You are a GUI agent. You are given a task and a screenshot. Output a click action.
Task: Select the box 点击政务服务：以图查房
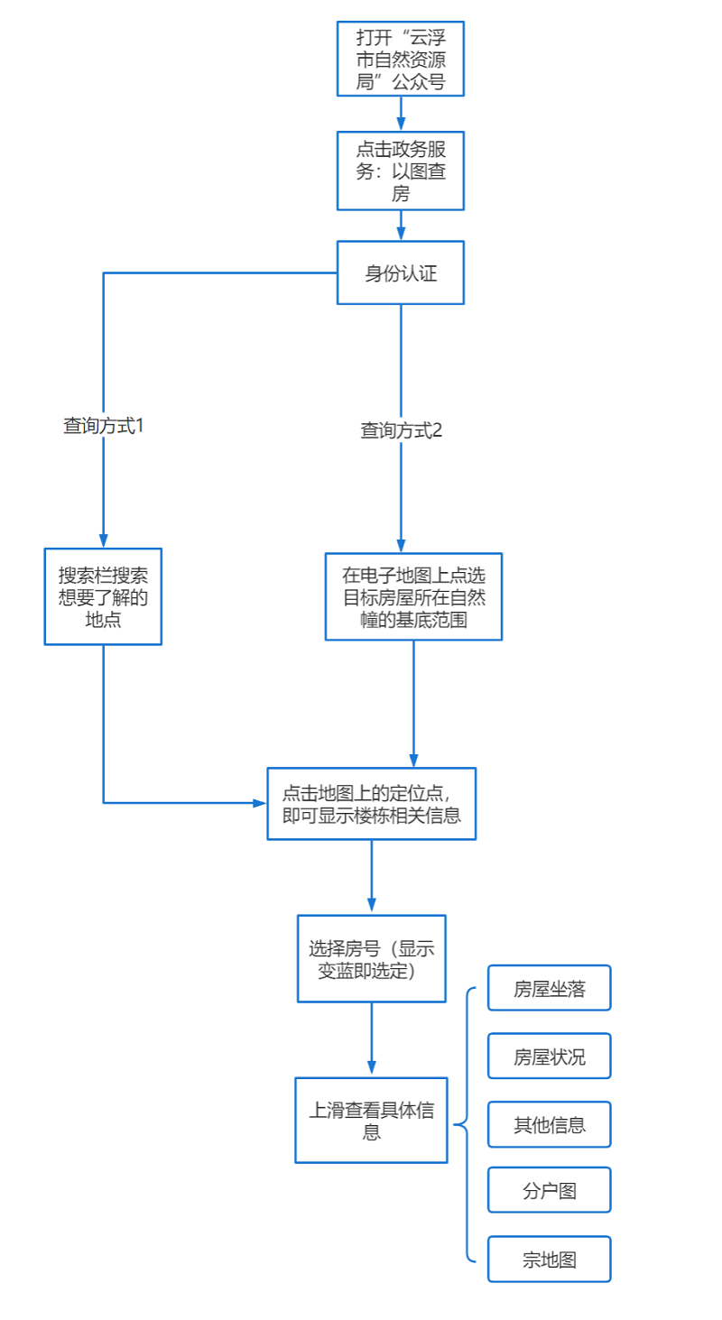click(401, 171)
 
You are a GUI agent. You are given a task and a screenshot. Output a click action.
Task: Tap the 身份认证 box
click(401, 272)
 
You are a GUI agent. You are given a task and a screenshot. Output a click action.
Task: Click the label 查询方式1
click(103, 426)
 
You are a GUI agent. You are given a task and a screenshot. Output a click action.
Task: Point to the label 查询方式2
click(401, 430)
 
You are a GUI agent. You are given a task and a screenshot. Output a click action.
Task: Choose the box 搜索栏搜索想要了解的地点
click(103, 596)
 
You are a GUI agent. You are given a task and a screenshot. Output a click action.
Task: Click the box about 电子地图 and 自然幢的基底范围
click(413, 596)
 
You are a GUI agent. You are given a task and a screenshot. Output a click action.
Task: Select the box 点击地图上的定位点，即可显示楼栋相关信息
click(371, 803)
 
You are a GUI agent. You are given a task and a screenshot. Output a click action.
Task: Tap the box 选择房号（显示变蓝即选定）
click(371, 958)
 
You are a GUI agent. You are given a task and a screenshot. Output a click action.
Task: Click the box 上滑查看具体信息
click(371, 1120)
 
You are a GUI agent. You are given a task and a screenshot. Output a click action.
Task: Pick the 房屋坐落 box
click(549, 988)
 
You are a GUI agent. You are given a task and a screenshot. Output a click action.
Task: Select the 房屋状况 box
click(549, 1056)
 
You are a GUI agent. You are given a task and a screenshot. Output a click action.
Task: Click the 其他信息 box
click(549, 1124)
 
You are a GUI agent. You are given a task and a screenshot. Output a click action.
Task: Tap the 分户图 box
click(549, 1190)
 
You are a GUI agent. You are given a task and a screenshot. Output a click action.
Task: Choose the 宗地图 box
click(549, 1259)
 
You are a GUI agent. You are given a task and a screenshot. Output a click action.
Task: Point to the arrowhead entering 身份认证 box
click(401, 234)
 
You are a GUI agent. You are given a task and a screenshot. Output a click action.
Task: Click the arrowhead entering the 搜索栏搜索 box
click(103, 540)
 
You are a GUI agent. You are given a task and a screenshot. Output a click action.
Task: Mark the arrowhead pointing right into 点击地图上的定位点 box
click(259, 802)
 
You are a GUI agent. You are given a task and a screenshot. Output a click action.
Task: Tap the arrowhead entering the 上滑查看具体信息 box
click(371, 1068)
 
